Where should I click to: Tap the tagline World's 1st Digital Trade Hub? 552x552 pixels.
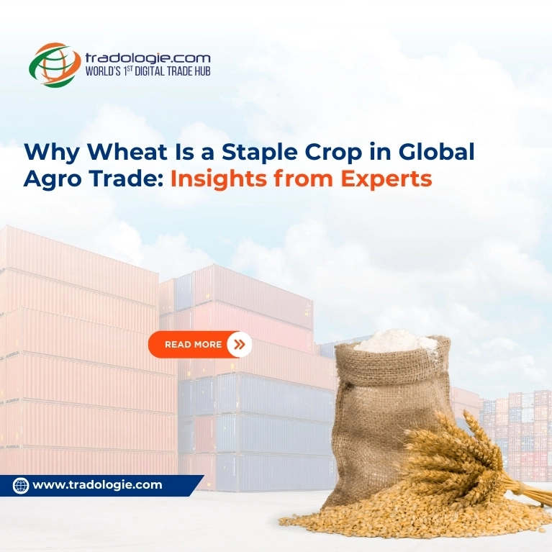(x=148, y=71)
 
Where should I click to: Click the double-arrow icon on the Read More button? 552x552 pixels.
(x=240, y=345)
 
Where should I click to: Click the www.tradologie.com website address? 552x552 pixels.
(x=98, y=485)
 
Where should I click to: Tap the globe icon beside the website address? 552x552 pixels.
(x=21, y=486)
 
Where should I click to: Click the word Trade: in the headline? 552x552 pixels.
(x=123, y=179)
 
